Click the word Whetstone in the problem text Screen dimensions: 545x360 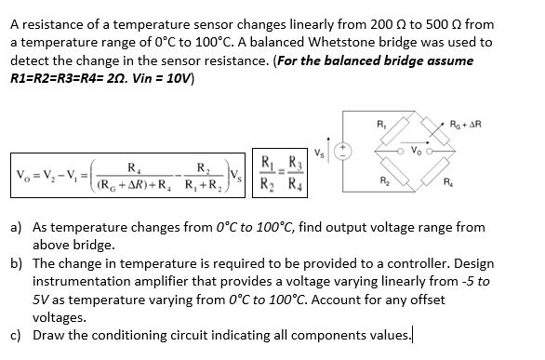tap(205, 43)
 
